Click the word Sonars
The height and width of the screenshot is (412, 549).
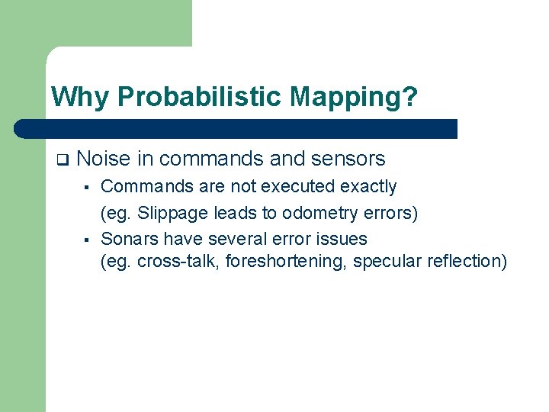point(127,239)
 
